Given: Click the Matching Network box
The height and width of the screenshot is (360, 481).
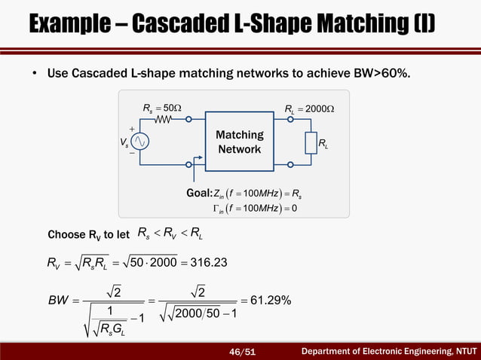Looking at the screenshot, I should click(240, 142).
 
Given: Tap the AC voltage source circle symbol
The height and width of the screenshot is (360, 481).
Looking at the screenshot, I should click(141, 142).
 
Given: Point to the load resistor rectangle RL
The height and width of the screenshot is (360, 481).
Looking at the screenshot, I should click(310, 142).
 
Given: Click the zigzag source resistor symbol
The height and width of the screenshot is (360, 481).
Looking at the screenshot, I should click(164, 119).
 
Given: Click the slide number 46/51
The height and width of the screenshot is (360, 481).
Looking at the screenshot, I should click(243, 352).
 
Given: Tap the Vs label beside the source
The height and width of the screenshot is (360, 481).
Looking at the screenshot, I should click(124, 142).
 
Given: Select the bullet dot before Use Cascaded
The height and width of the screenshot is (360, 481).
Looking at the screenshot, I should click(35, 75).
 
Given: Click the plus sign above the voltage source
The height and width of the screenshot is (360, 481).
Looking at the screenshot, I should click(133, 129).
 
